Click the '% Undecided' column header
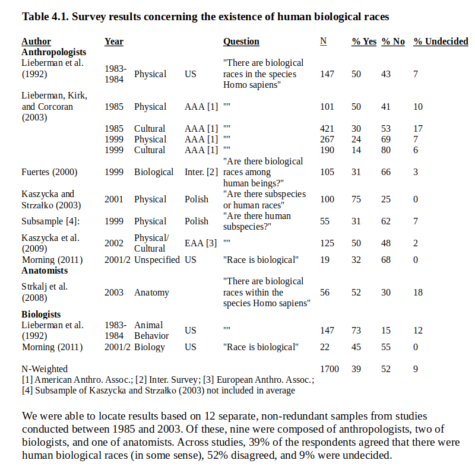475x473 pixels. click(441, 42)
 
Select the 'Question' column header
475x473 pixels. click(241, 42)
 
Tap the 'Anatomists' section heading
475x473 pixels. click(45, 270)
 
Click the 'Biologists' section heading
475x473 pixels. click(41, 314)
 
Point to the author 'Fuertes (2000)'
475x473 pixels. click(50, 172)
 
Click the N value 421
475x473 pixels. click(327, 129)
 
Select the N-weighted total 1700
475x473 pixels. click(330, 369)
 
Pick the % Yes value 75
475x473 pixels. click(356, 199)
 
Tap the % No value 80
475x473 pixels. click(386, 150)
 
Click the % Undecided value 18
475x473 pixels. click(418, 292)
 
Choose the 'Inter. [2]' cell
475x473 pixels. click(201, 172)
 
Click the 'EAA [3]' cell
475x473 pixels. click(201, 243)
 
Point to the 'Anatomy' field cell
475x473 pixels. click(151, 292)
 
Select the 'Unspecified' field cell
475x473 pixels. click(157, 259)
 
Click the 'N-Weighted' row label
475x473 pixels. click(45, 369)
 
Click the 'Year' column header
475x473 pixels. click(114, 42)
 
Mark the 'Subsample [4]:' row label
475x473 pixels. click(50, 221)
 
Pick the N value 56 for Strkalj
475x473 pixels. click(325, 292)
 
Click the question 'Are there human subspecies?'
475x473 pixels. click(256, 221)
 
